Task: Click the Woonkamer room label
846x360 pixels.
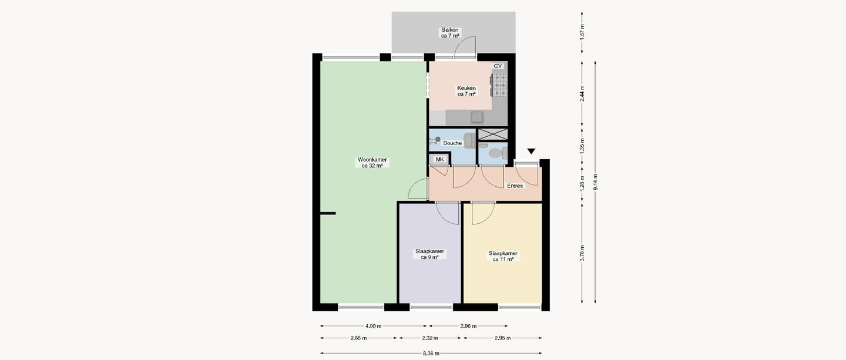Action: tap(372, 163)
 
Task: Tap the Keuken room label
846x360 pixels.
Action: tap(466, 91)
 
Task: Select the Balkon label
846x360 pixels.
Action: tap(450, 33)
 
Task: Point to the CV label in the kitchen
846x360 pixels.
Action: tap(498, 66)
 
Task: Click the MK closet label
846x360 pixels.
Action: tap(439, 159)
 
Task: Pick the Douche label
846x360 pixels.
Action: tap(452, 143)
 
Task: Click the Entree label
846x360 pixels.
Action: tap(515, 186)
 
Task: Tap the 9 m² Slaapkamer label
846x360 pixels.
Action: tap(430, 254)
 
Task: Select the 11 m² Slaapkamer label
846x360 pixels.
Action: tap(503, 256)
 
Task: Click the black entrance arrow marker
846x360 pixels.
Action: tap(531, 151)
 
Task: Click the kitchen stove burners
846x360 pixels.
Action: tap(500, 85)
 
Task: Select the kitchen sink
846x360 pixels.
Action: tap(477, 117)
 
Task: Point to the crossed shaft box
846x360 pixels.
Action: tap(493, 134)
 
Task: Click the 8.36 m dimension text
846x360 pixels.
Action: tap(431, 354)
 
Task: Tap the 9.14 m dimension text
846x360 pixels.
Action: tap(595, 182)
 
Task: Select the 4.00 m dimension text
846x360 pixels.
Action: tap(373, 326)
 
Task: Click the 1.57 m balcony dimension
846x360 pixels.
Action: tap(582, 32)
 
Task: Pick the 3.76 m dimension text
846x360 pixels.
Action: tap(582, 253)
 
